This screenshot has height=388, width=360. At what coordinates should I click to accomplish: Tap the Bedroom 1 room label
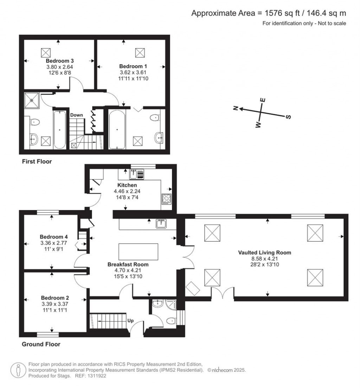click(133, 66)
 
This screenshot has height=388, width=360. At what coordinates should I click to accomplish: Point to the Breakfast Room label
click(128, 264)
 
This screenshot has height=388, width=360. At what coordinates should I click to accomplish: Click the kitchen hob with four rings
click(166, 199)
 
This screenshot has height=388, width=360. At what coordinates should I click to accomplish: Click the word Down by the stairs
click(76, 115)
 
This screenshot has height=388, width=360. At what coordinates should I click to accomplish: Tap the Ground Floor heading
click(41, 344)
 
